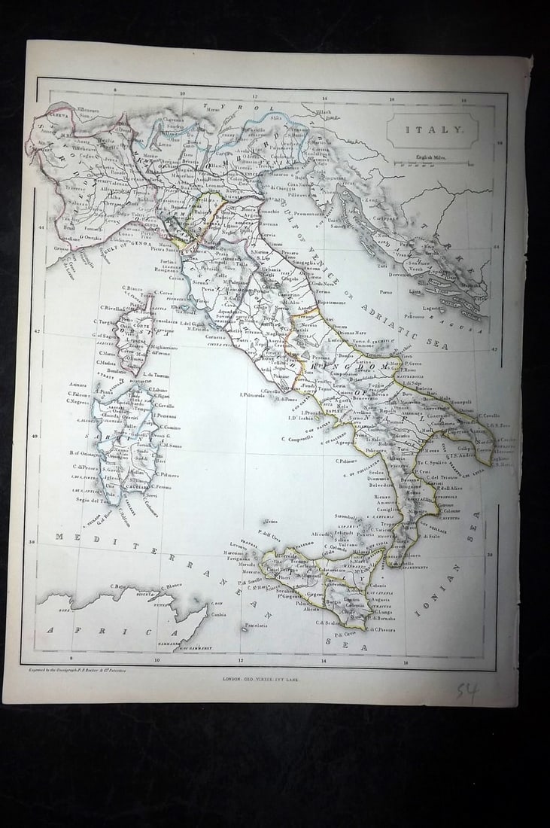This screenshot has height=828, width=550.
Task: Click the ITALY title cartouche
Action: tap(432, 129)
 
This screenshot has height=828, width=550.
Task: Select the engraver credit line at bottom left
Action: tap(77, 669)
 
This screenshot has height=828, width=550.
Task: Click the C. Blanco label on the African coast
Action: tap(170, 586)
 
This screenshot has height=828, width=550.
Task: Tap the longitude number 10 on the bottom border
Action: tap(157, 660)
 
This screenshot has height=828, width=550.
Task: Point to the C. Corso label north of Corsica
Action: tap(165, 292)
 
